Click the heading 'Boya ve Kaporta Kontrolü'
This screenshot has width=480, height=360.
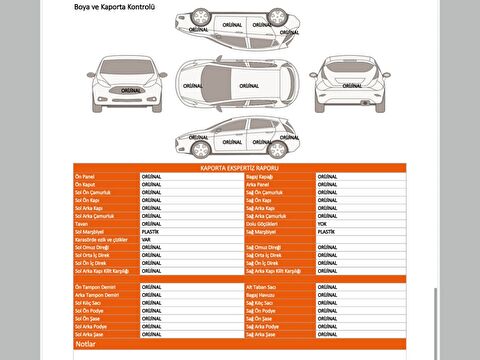click(x=115, y=7)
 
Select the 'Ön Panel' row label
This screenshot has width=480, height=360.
click(x=86, y=176)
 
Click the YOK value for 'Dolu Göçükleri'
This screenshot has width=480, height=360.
click(x=321, y=223)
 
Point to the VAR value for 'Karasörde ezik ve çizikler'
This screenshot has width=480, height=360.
click(x=146, y=239)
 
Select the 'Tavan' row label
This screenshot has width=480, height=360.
click(x=81, y=223)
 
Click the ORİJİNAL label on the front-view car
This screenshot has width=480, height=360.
click(x=130, y=88)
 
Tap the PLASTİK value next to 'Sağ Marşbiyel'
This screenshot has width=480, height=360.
click(x=325, y=231)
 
